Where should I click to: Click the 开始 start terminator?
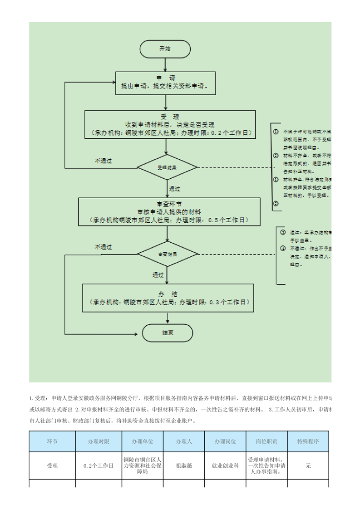tap(165, 49)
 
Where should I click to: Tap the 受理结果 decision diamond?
tap(168, 167)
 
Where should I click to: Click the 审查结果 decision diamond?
tap(168, 254)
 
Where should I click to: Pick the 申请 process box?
tap(166, 82)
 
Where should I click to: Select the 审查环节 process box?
tap(169, 212)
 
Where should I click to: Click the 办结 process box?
tap(168, 298)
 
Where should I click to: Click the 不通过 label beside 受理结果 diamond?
tap(103, 161)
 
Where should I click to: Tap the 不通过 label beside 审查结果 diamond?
tap(103, 247)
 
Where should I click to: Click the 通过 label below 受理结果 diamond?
tap(175, 189)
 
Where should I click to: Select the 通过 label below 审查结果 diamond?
tap(158, 275)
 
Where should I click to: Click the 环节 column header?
tap(53, 441)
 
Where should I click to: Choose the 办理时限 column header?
tap(99, 441)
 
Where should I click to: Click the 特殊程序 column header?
tap(308, 441)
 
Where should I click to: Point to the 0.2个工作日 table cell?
tap(99, 465)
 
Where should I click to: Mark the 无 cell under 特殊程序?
tap(308, 465)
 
